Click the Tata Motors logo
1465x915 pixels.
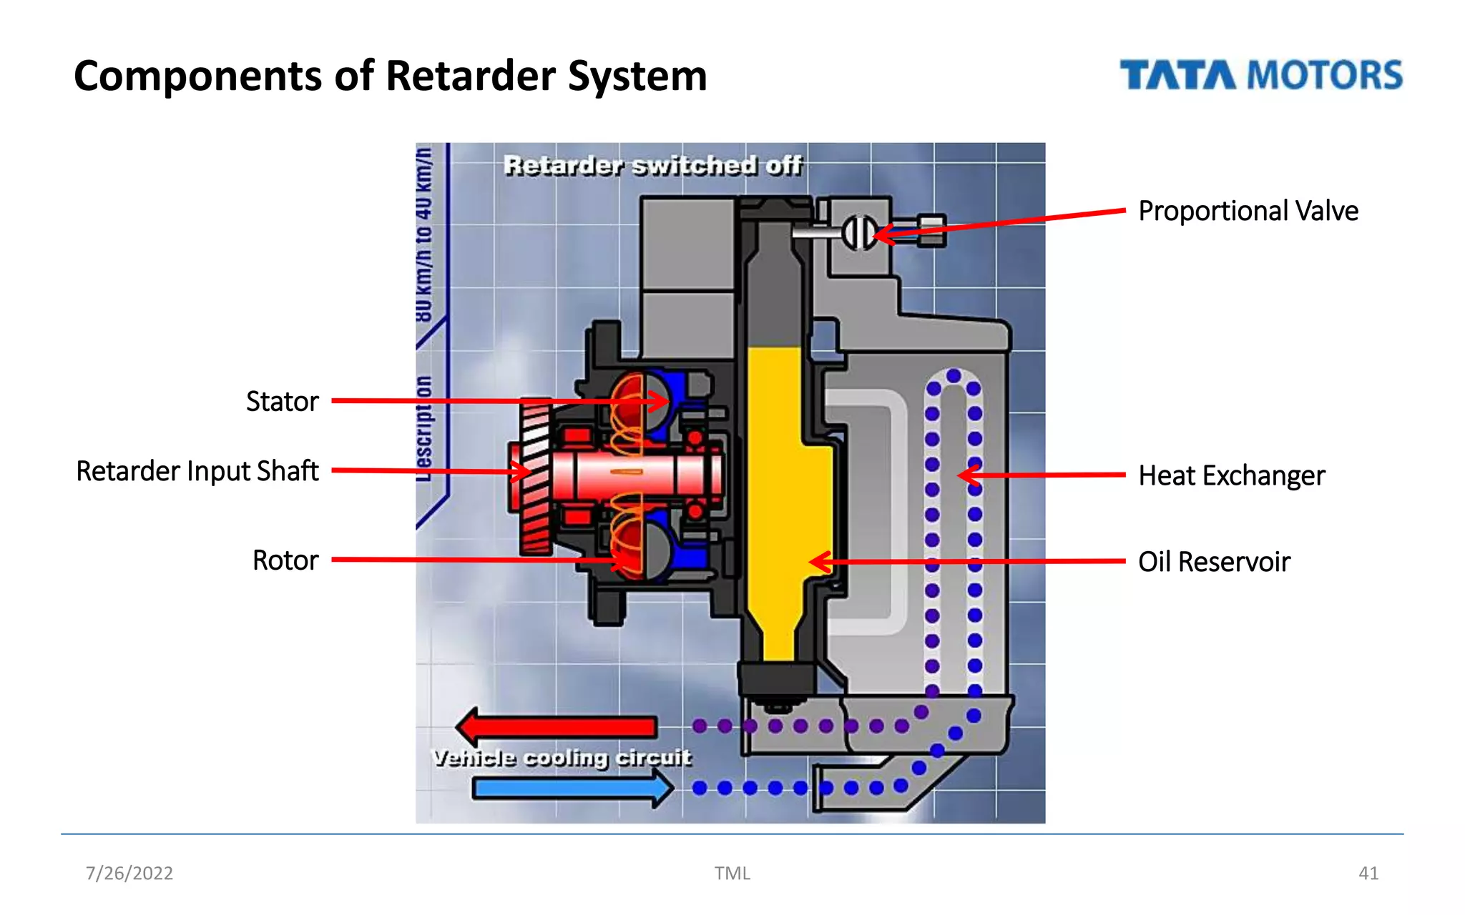[x=1260, y=75]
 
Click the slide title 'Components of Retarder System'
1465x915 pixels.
[x=390, y=76]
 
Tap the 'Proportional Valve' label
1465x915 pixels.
[x=1248, y=211]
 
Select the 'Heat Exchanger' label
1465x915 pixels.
[x=1231, y=475]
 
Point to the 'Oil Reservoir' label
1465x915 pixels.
[x=1214, y=562]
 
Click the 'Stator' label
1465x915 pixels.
[x=282, y=401]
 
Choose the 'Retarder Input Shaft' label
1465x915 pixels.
[x=197, y=471]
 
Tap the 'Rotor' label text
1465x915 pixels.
[x=285, y=560]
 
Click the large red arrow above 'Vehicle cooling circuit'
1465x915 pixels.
[x=558, y=727]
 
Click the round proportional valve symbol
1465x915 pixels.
[x=858, y=232]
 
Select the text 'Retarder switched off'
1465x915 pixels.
[x=652, y=165]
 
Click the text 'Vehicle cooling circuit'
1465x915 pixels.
[x=562, y=758]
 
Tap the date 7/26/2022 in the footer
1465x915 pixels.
[x=129, y=873]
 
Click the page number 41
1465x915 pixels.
[x=1368, y=873]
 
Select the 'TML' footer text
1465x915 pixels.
[x=732, y=873]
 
